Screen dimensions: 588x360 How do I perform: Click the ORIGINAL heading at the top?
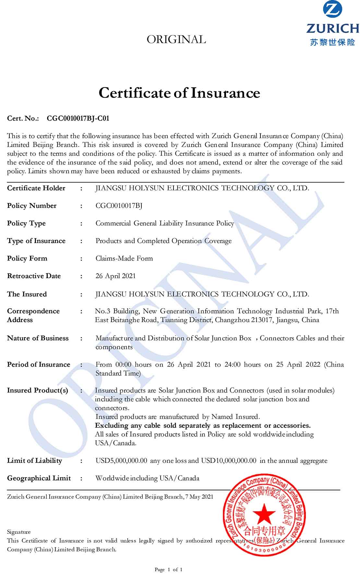(x=176, y=40)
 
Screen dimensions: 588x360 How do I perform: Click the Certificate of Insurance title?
(x=179, y=93)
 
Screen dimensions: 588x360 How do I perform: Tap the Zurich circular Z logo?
(x=332, y=10)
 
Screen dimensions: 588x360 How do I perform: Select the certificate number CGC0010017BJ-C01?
(x=78, y=118)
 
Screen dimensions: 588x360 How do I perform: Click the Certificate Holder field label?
(x=36, y=188)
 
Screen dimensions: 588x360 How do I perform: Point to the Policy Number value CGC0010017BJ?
(x=119, y=206)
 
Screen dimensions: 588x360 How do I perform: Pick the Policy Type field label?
(x=26, y=223)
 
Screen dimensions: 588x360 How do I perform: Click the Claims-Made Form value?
(x=124, y=258)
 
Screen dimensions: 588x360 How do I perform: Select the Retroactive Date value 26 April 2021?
(x=115, y=276)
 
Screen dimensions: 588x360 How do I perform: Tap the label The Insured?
(x=27, y=294)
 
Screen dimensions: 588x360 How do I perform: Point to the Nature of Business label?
(x=38, y=338)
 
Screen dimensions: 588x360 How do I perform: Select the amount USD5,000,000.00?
(x=121, y=461)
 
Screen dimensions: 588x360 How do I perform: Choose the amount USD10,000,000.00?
(x=229, y=461)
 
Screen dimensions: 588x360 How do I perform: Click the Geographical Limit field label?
(x=39, y=478)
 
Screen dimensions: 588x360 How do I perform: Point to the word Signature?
(x=19, y=532)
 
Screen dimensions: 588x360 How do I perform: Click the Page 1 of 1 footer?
(x=169, y=570)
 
